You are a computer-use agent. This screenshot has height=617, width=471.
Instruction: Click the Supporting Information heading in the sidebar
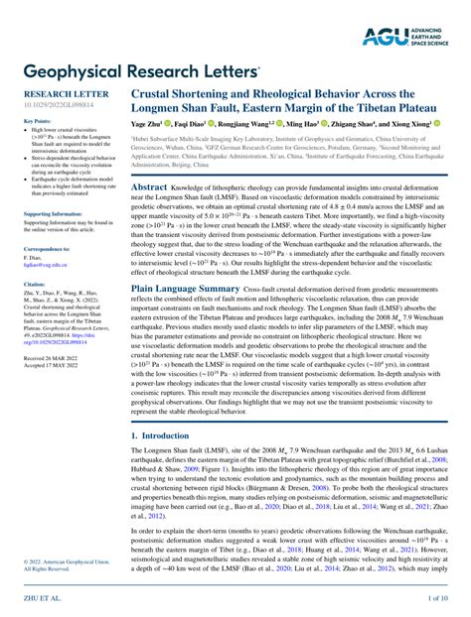point(53,213)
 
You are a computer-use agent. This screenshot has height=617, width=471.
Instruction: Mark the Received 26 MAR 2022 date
point(51,357)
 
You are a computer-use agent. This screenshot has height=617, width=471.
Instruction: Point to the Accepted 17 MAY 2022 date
point(51,365)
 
